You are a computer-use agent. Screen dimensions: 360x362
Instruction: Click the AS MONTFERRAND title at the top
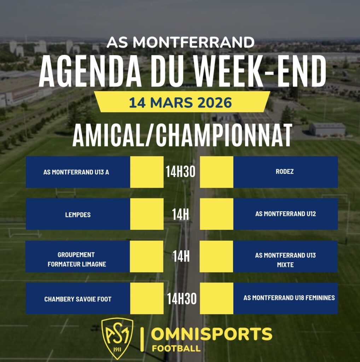point(180,42)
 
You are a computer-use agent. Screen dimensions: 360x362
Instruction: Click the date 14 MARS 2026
point(180,103)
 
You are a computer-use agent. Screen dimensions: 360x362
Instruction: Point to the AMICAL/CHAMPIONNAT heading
point(182,135)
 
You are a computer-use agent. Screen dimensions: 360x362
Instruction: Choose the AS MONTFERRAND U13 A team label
point(76,172)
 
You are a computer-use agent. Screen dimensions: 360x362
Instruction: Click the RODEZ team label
point(285,171)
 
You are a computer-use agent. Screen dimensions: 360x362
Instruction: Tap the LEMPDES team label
point(78,215)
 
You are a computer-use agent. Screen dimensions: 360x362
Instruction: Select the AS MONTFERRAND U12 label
point(285,214)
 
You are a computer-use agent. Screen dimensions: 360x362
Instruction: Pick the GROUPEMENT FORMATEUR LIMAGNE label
point(77,259)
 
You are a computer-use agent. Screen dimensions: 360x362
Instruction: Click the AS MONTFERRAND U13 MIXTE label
point(285,260)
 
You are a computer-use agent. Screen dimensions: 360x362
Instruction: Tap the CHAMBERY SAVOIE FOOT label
point(78,299)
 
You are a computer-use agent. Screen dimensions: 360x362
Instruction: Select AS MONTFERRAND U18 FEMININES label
point(289,298)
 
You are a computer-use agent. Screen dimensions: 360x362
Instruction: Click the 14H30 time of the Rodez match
point(181,172)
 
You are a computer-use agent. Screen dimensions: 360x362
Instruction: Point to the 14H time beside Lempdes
point(180,214)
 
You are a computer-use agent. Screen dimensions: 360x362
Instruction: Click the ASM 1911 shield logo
point(117,338)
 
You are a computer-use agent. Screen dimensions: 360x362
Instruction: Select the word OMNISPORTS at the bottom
point(212,334)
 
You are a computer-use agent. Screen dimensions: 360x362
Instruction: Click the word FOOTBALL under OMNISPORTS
point(176,348)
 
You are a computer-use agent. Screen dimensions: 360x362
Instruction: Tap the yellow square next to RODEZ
point(216,172)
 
